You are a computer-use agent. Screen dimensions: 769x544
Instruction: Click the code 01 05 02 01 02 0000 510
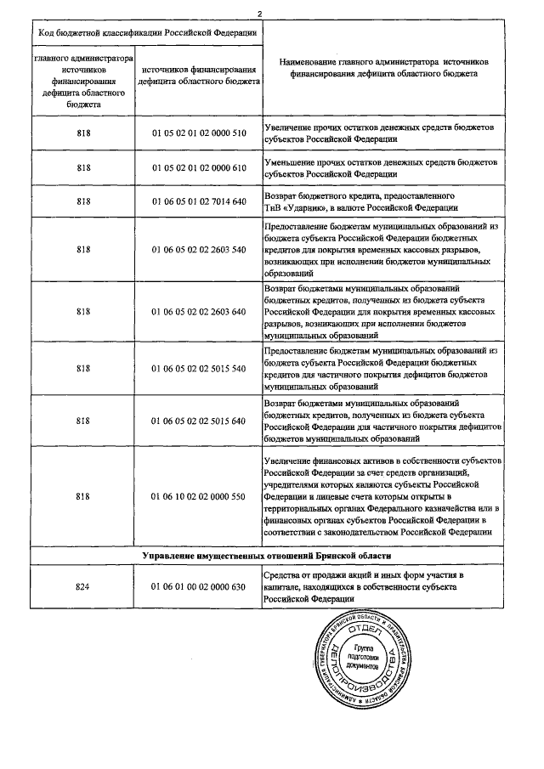pos(199,133)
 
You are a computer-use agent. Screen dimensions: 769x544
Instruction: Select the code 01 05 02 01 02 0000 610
pos(199,167)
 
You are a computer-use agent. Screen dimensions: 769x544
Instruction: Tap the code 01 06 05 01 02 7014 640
pos(199,201)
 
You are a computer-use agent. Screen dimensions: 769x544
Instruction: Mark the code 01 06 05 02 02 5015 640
pos(199,420)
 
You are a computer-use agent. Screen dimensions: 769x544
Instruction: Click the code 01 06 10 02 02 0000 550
pos(199,495)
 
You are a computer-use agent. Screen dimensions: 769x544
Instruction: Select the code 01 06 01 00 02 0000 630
pos(199,586)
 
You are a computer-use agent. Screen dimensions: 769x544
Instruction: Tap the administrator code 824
pos(83,586)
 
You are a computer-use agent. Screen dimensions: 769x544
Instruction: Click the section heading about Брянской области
pos(266,556)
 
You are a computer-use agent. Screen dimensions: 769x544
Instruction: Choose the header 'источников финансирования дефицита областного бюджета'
pos(199,75)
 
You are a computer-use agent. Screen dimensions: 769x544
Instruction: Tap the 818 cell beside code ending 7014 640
pos(83,201)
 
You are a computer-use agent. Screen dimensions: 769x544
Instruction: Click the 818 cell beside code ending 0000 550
pos(83,495)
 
